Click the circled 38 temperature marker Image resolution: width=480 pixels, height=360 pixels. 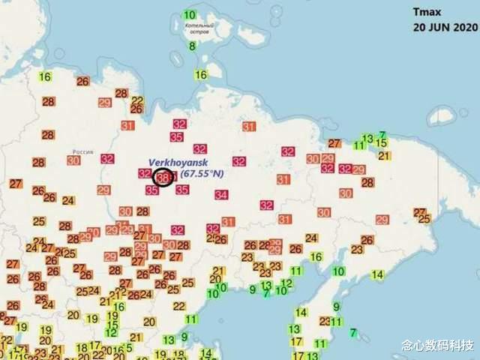[x=162, y=177]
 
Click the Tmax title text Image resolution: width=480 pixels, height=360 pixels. [x=429, y=12]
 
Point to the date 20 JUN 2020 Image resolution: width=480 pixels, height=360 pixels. [x=444, y=26]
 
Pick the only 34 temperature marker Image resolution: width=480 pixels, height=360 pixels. [x=221, y=195]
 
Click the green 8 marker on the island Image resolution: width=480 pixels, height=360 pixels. [x=192, y=46]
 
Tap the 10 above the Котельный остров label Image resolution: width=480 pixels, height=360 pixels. [x=190, y=15]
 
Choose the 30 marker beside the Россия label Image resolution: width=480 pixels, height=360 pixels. [x=73, y=160]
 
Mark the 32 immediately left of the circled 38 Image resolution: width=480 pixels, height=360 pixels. [x=145, y=174]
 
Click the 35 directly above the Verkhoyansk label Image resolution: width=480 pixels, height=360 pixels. [x=177, y=137]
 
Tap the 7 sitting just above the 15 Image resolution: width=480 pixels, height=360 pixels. [x=382, y=134]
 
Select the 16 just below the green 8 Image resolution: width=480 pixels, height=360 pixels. [x=201, y=75]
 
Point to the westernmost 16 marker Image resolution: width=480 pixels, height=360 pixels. [x=45, y=76]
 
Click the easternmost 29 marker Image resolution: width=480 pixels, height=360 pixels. [x=382, y=220]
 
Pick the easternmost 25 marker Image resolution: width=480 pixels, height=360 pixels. [x=424, y=219]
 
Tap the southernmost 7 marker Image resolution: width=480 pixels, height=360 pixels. [x=353, y=332]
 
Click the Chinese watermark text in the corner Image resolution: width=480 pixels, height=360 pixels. [x=438, y=346]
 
